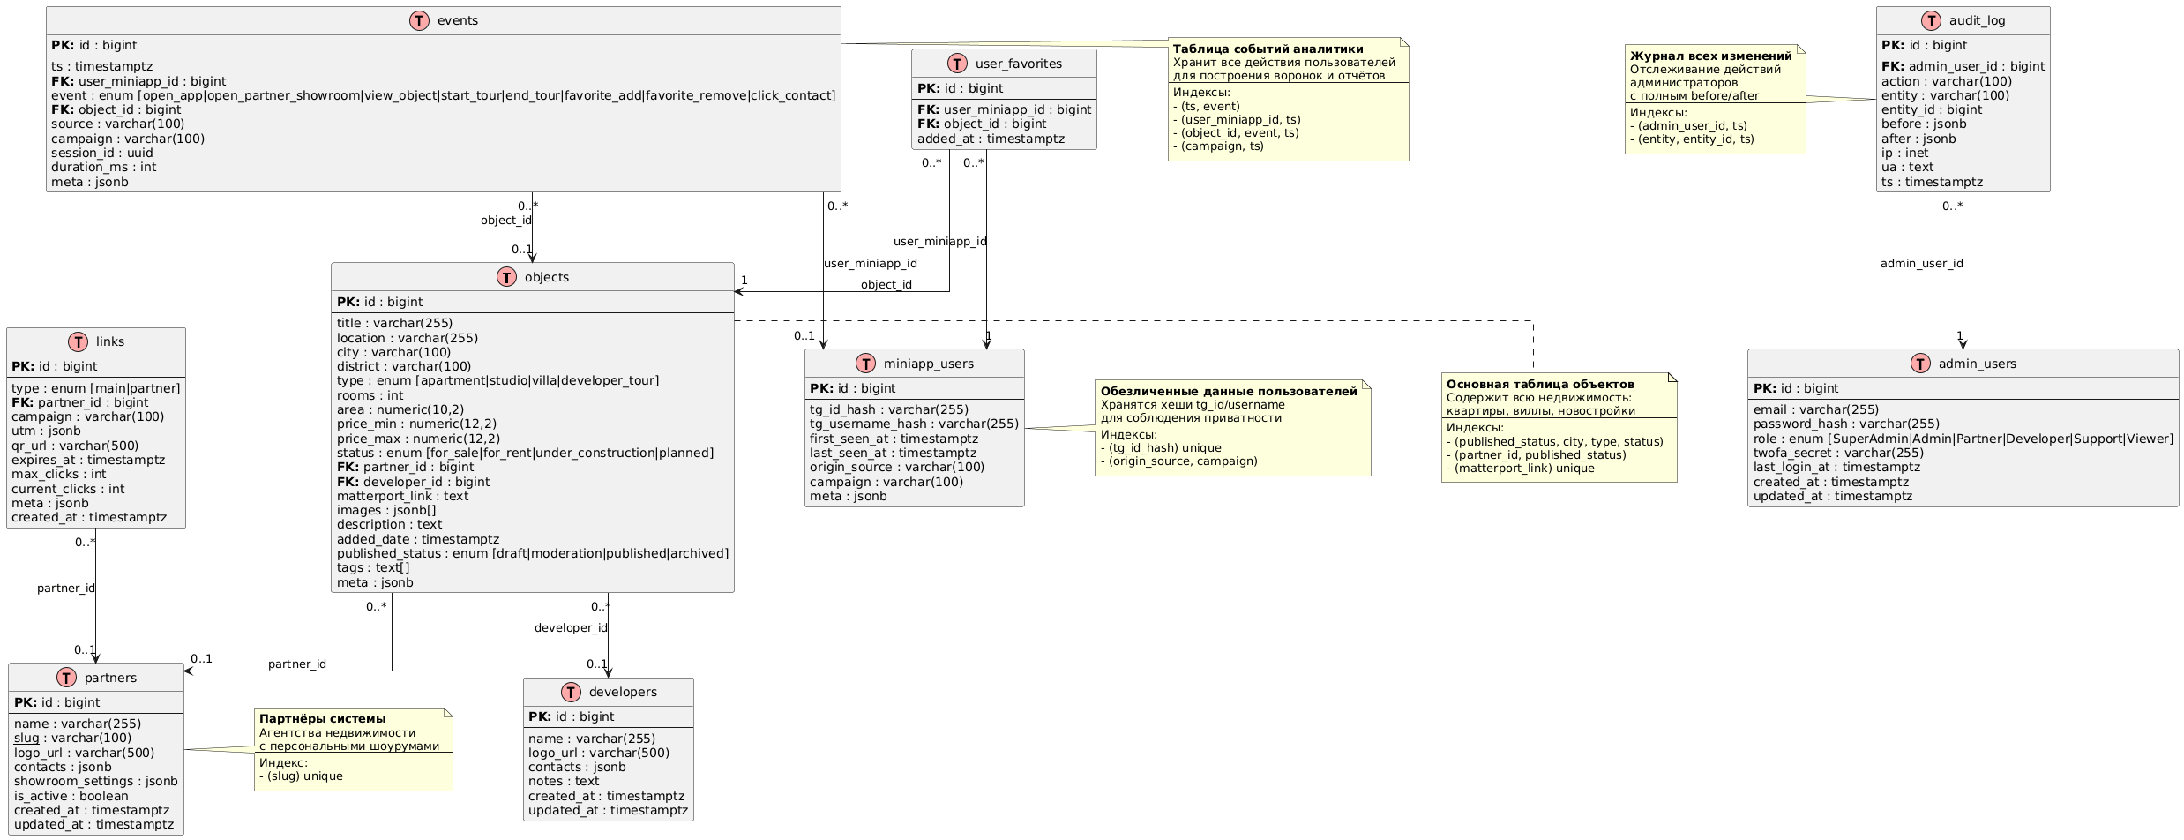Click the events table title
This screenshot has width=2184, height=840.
(x=457, y=21)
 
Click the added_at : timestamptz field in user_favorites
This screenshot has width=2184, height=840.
(x=990, y=139)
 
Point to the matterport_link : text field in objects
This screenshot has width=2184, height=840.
(x=402, y=496)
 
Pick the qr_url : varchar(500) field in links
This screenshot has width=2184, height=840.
(x=75, y=446)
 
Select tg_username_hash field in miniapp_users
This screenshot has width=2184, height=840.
(x=914, y=424)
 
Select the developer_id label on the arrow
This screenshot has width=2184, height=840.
(x=571, y=628)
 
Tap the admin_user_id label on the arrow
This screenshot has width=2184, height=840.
(x=1921, y=264)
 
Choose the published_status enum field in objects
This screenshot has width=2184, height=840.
(x=532, y=553)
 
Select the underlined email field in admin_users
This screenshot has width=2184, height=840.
(x=1769, y=409)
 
